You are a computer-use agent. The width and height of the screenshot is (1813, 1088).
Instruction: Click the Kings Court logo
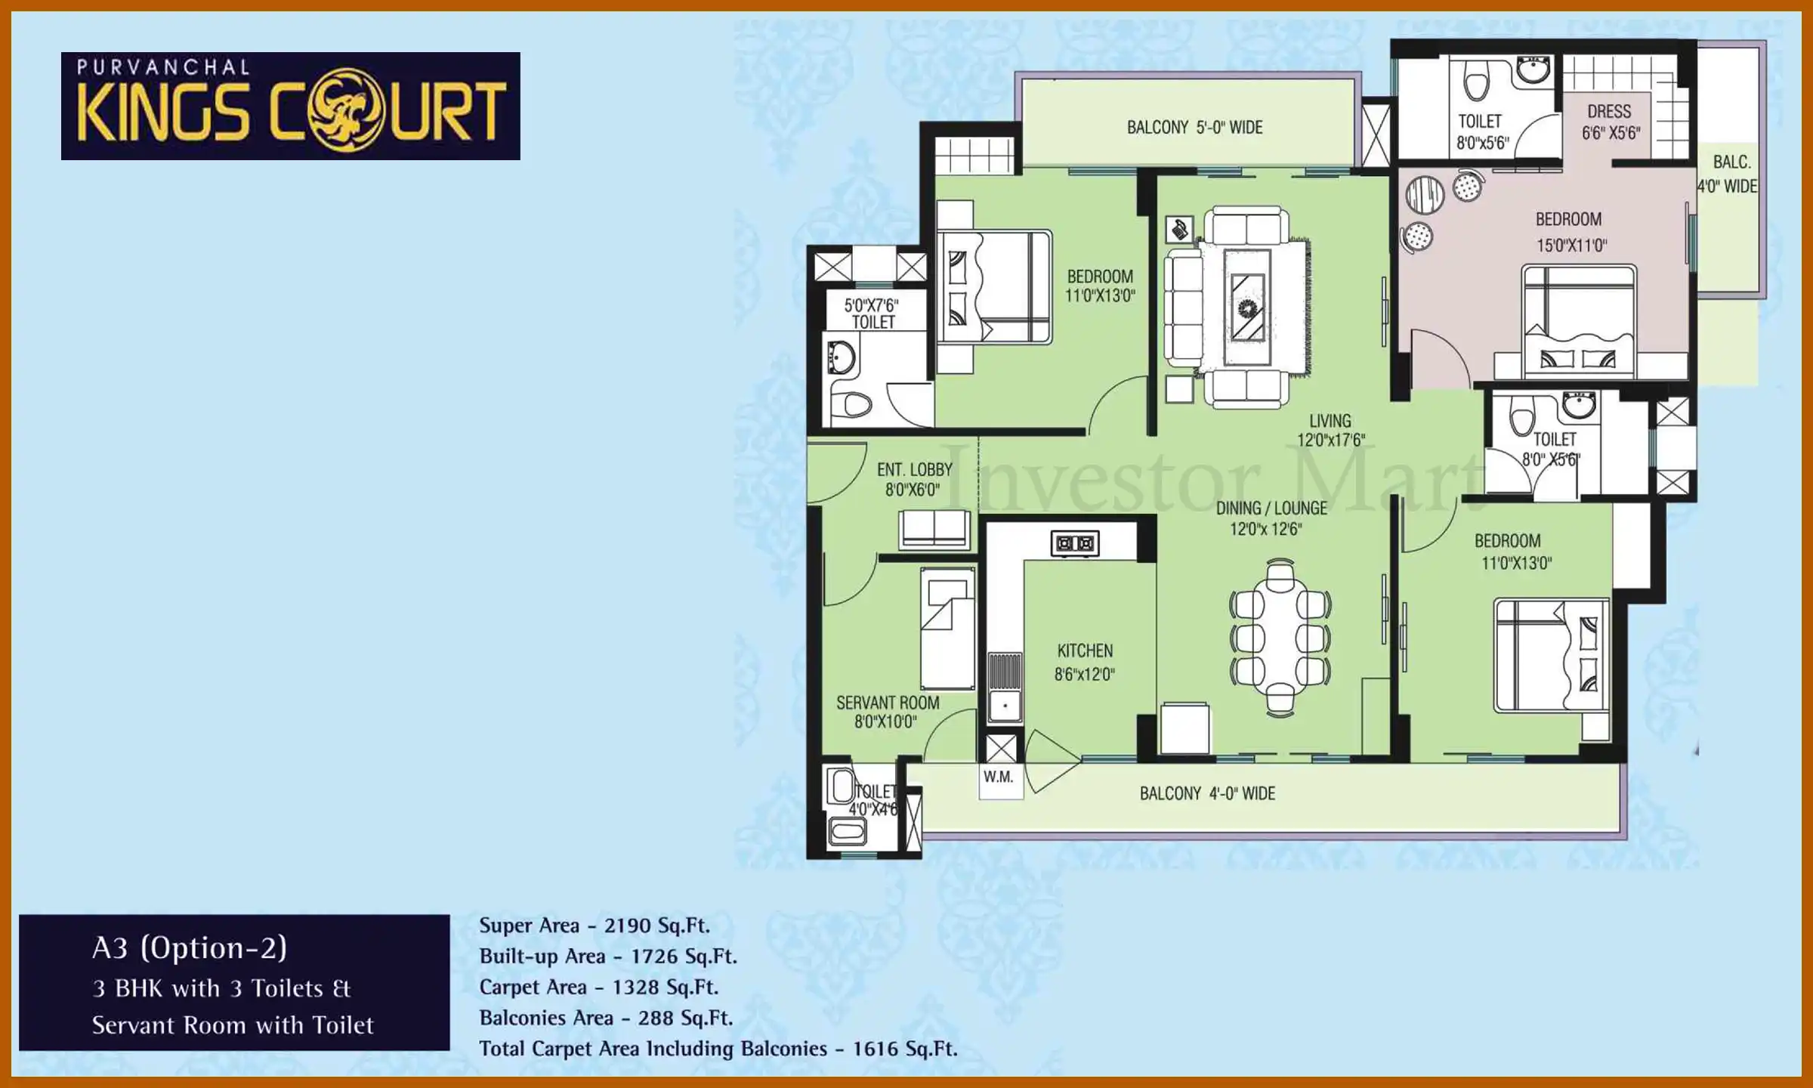pos(290,106)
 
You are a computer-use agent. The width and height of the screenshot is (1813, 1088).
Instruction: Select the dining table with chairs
pos(1280,637)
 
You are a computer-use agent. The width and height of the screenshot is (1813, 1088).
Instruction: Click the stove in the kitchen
pos(1074,543)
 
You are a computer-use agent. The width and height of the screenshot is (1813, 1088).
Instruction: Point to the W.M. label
pos(998,777)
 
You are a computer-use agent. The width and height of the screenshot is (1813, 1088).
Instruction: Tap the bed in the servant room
pos(947,628)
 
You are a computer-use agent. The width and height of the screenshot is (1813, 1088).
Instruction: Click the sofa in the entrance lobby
pos(934,529)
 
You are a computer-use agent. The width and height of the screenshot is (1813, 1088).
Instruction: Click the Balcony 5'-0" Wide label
pos(1194,128)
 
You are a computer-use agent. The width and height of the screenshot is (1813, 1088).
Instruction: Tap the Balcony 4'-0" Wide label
pos(1206,793)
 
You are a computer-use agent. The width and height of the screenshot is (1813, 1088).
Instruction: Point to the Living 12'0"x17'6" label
pos(1330,430)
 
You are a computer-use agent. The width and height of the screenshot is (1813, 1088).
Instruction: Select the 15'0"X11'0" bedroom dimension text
pos(1571,246)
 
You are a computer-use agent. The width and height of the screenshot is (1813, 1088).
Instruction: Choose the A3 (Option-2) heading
pos(189,948)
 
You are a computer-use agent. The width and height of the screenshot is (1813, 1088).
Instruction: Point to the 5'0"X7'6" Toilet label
pos(873,314)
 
